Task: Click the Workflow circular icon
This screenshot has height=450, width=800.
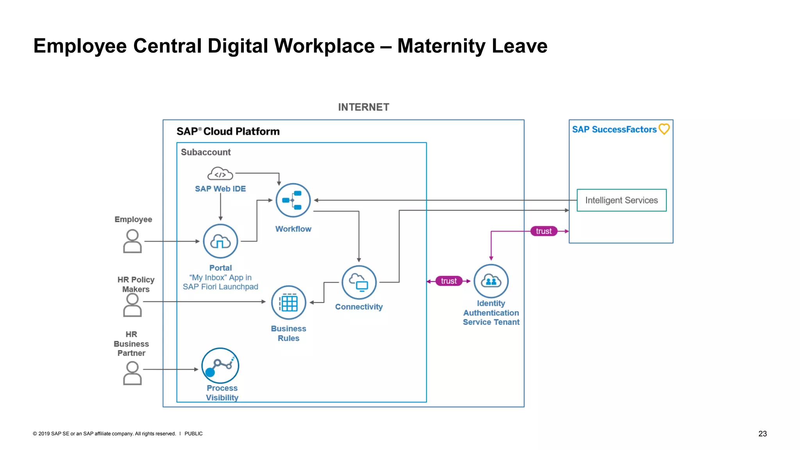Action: pyautogui.click(x=293, y=200)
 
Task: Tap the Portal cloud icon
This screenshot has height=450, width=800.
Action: pyautogui.click(x=220, y=241)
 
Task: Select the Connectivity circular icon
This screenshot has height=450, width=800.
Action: pyautogui.click(x=359, y=282)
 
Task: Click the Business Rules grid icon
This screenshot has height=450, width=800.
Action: pyautogui.click(x=289, y=303)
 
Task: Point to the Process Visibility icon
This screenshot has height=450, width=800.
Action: pyautogui.click(x=220, y=366)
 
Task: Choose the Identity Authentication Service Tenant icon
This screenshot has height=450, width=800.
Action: pyautogui.click(x=491, y=281)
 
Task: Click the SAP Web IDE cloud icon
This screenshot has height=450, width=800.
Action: pyautogui.click(x=220, y=174)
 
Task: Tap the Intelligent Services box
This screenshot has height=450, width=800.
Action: pyautogui.click(x=621, y=200)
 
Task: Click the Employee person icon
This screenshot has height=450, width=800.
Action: pyautogui.click(x=132, y=241)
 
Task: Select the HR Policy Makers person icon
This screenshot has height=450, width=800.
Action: pyautogui.click(x=132, y=305)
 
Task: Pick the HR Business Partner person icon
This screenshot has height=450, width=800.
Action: pyautogui.click(x=132, y=373)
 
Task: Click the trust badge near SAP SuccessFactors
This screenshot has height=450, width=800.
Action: pyautogui.click(x=544, y=231)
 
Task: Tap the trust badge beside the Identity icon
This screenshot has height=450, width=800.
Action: pyautogui.click(x=449, y=281)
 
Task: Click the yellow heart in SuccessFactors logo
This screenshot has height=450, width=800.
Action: pyautogui.click(x=664, y=129)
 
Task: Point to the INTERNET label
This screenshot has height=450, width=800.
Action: pyautogui.click(x=364, y=107)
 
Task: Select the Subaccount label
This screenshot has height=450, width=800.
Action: pyautogui.click(x=206, y=152)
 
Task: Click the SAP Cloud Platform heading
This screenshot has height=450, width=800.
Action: pyautogui.click(x=228, y=132)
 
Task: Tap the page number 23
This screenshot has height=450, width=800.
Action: pyautogui.click(x=762, y=434)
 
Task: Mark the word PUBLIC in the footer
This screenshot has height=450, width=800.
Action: pyautogui.click(x=193, y=434)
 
